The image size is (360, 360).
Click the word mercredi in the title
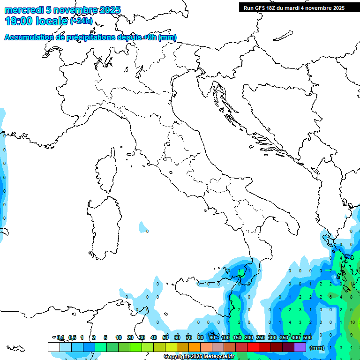point(23,10)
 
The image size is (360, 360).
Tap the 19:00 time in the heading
point(19,21)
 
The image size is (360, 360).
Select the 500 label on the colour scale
point(307,337)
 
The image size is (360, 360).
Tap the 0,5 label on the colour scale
point(73,337)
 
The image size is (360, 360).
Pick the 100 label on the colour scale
point(225,337)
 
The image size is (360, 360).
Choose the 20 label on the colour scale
point(130,337)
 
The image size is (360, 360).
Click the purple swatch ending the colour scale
point(300,347)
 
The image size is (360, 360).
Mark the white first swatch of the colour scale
point(54,347)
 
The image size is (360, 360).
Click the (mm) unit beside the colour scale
point(317,348)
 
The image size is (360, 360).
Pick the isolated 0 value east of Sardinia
point(147,231)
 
